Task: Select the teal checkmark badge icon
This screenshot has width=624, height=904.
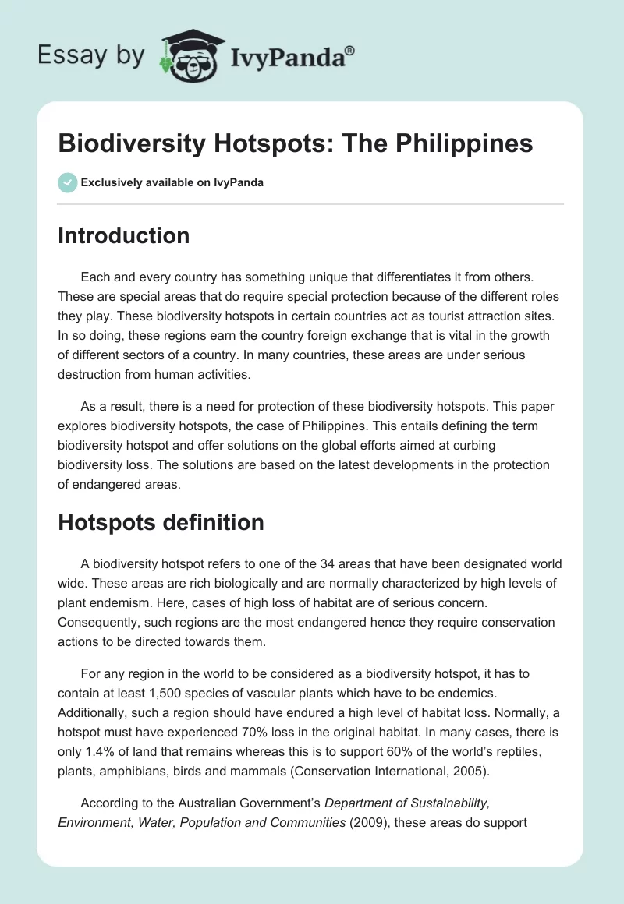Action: [x=68, y=182]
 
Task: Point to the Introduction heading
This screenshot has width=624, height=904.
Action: [x=123, y=235]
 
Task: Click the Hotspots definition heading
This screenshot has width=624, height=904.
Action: [x=161, y=522]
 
